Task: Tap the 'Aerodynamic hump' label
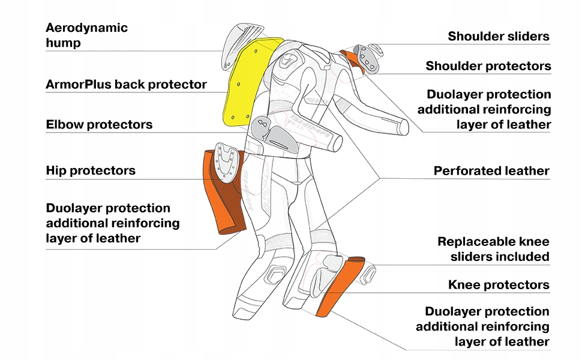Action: (x=87, y=35)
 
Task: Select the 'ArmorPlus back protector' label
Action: (x=126, y=84)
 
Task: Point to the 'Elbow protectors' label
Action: (x=99, y=125)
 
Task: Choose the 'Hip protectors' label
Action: (x=91, y=170)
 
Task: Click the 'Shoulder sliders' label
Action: (x=499, y=36)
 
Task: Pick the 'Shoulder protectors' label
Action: (x=488, y=65)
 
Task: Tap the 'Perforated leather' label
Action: (x=491, y=171)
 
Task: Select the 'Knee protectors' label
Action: (x=499, y=284)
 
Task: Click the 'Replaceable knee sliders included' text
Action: (x=493, y=249)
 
